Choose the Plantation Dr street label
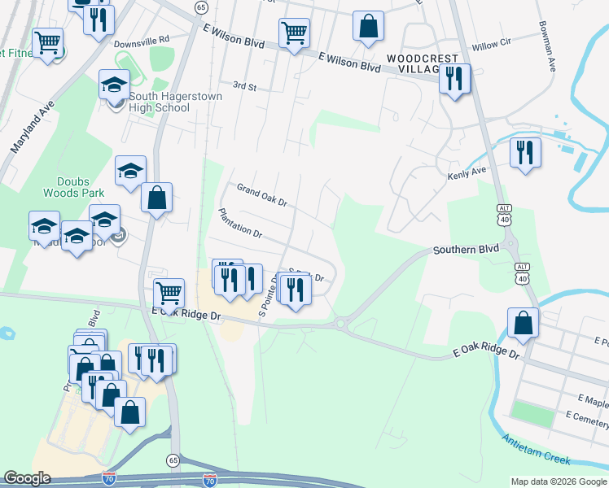tap(239, 222)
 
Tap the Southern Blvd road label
tap(465, 250)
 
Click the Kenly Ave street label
tap(467, 173)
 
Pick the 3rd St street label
tap(244, 85)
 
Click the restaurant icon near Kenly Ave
tap(525, 151)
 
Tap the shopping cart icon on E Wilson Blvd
tap(294, 33)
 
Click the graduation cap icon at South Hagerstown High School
tap(115, 84)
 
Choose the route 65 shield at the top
tap(201, 7)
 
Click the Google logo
tap(28, 478)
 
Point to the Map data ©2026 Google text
tap(558, 481)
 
